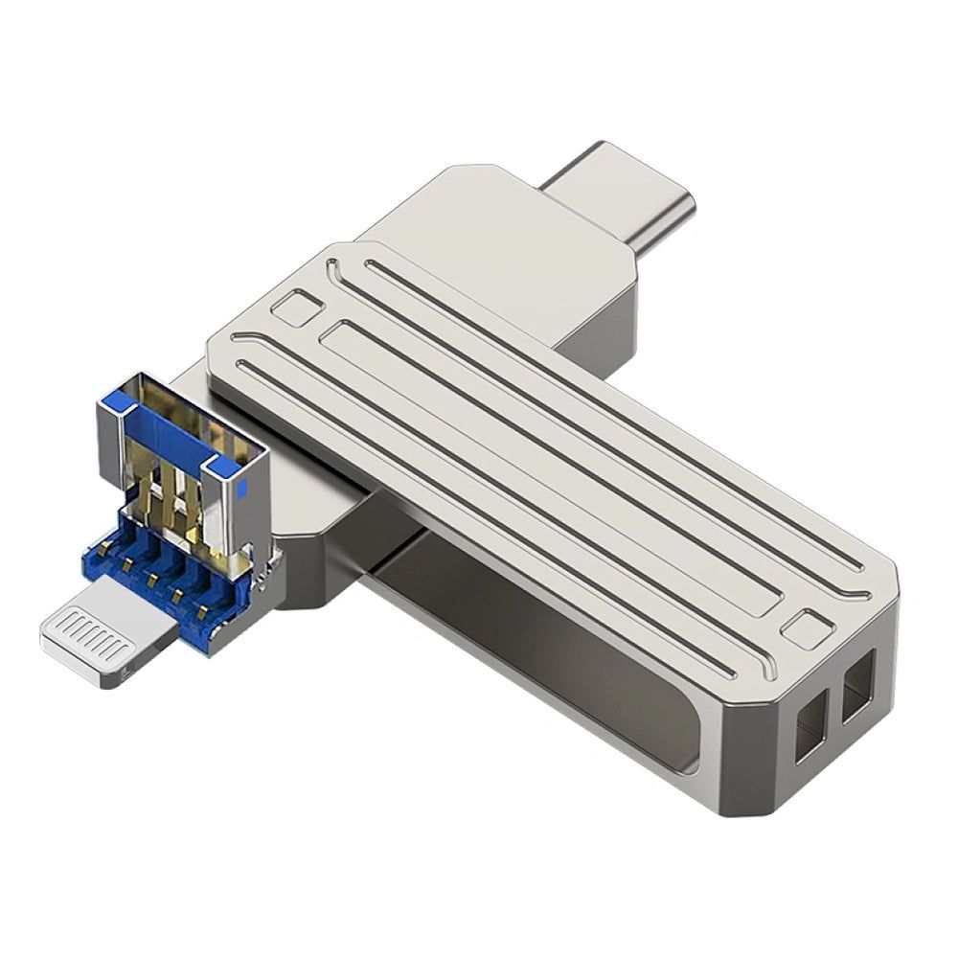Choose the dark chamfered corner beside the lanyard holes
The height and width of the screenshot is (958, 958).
click(757, 757)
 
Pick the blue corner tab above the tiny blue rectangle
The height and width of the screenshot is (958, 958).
click(228, 465)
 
